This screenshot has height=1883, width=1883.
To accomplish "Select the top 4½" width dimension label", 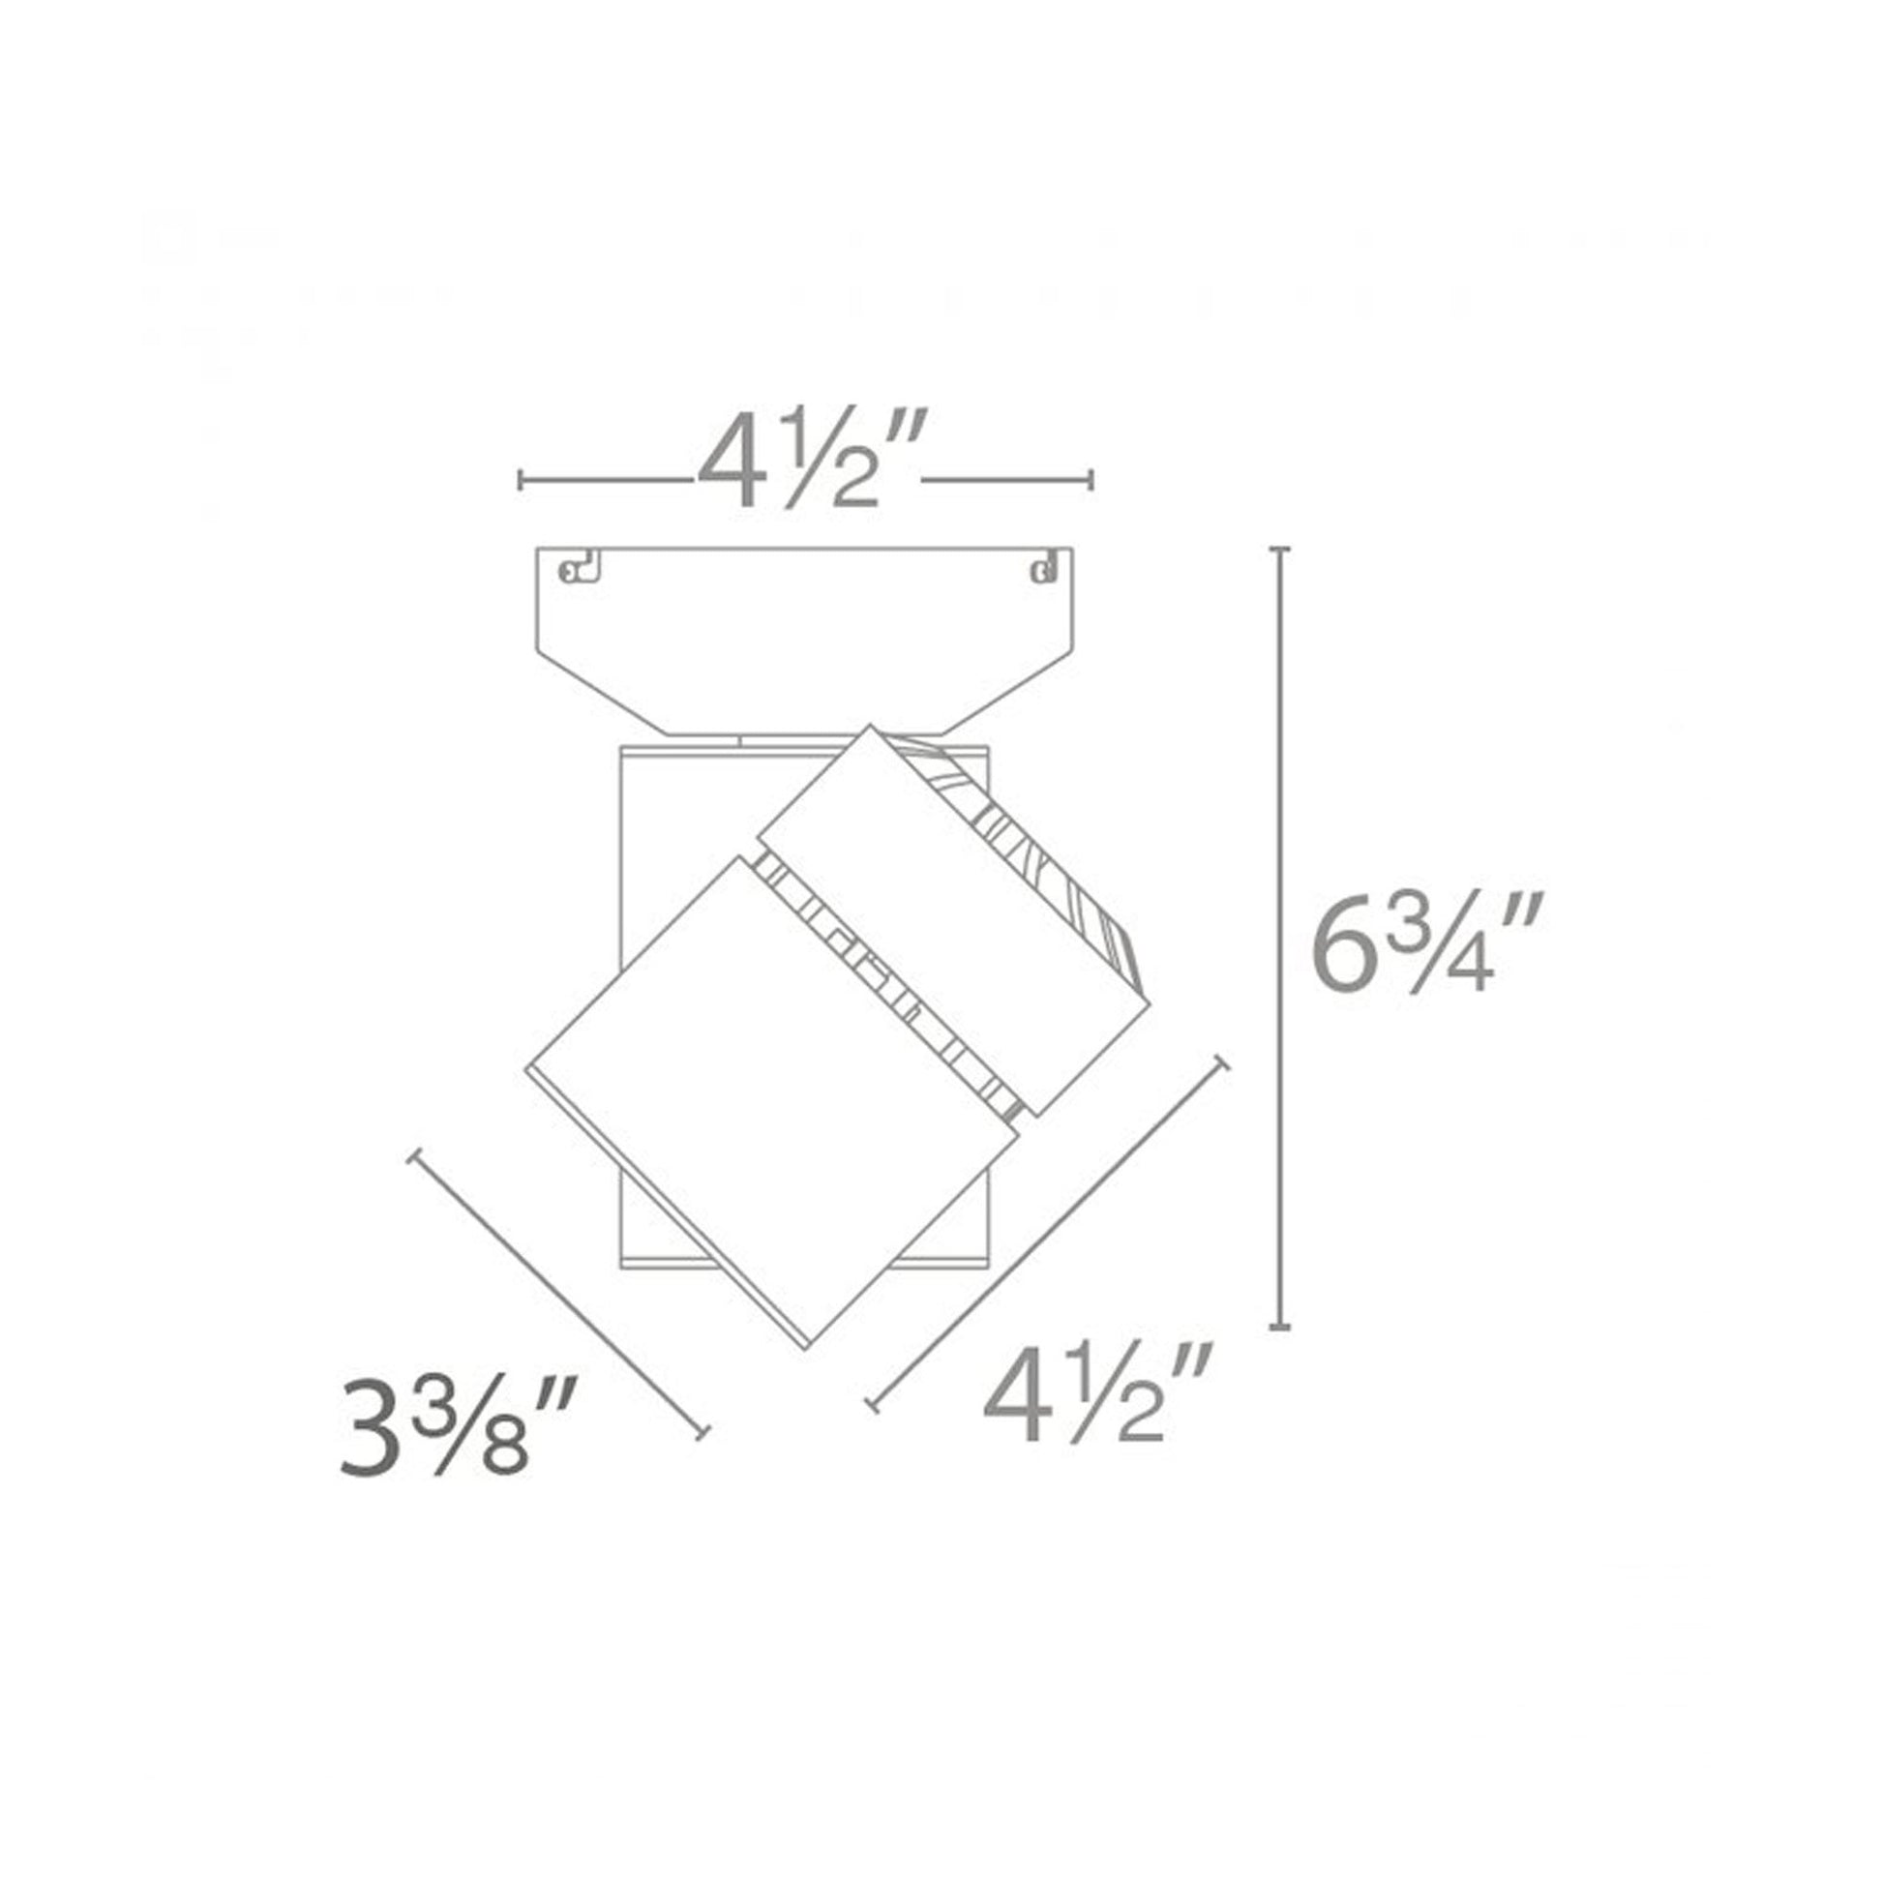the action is coord(804,457).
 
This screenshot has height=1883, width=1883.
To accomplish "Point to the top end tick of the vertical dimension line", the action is coord(1281,550).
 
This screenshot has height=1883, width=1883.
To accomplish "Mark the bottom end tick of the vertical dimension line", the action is coord(1281,1326).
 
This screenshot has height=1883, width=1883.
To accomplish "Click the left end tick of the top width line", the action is coord(522,480).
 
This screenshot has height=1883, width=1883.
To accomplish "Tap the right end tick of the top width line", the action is coord(1091,480).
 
